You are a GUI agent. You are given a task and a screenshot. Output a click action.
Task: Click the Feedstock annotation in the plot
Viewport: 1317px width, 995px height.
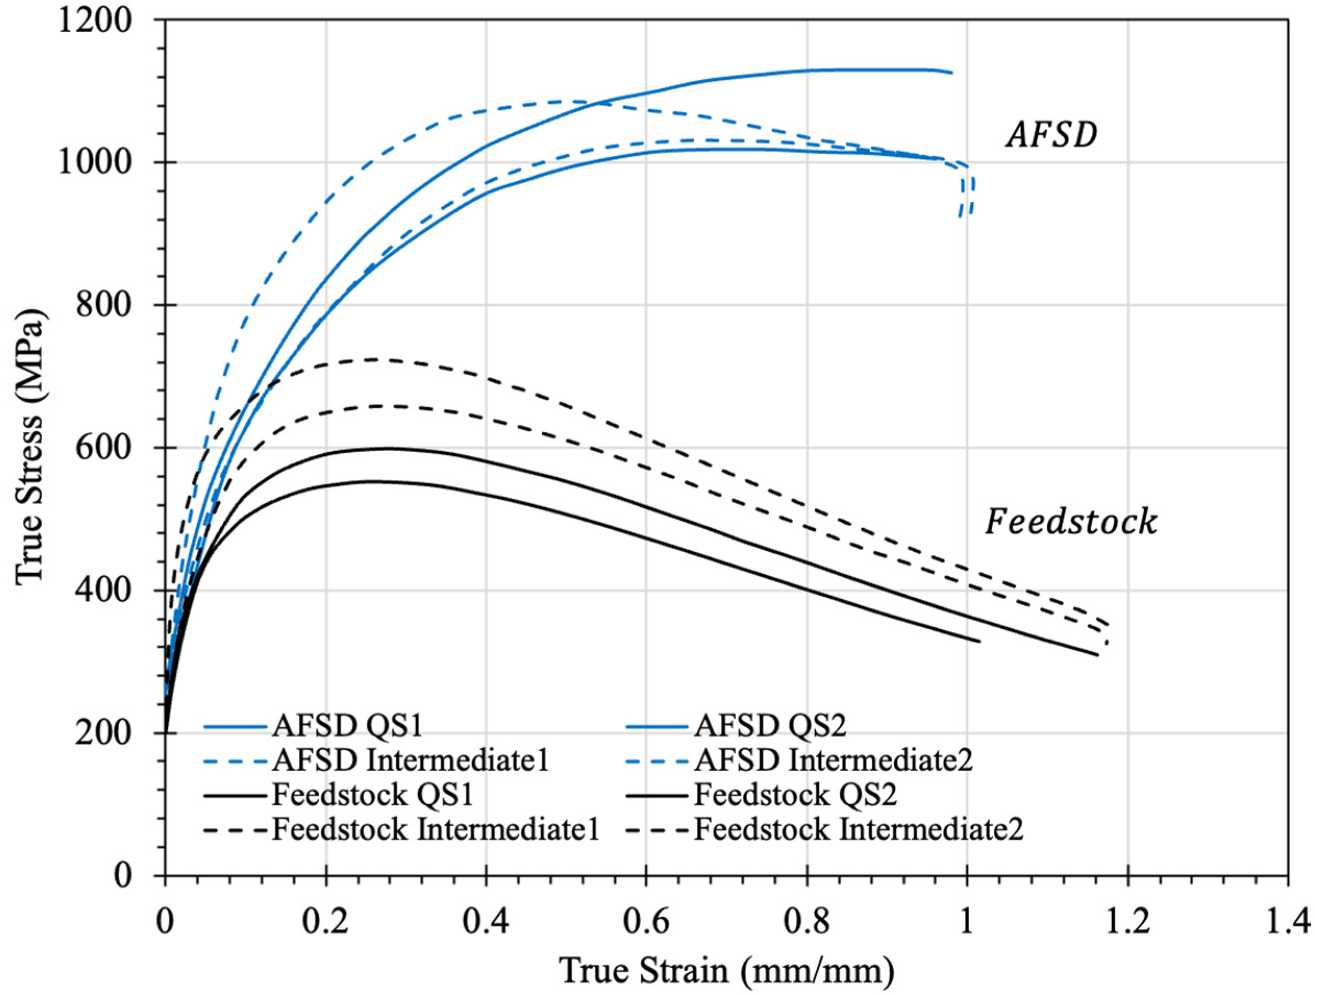pyautogui.click(x=1071, y=521)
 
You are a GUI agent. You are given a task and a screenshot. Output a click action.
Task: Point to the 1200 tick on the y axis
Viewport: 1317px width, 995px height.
pyautogui.click(x=94, y=20)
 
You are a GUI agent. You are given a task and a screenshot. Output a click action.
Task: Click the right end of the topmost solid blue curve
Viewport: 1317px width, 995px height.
pyautogui.click(x=951, y=72)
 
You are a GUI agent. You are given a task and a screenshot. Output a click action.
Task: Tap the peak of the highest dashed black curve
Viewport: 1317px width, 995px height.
pyautogui.click(x=375, y=359)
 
